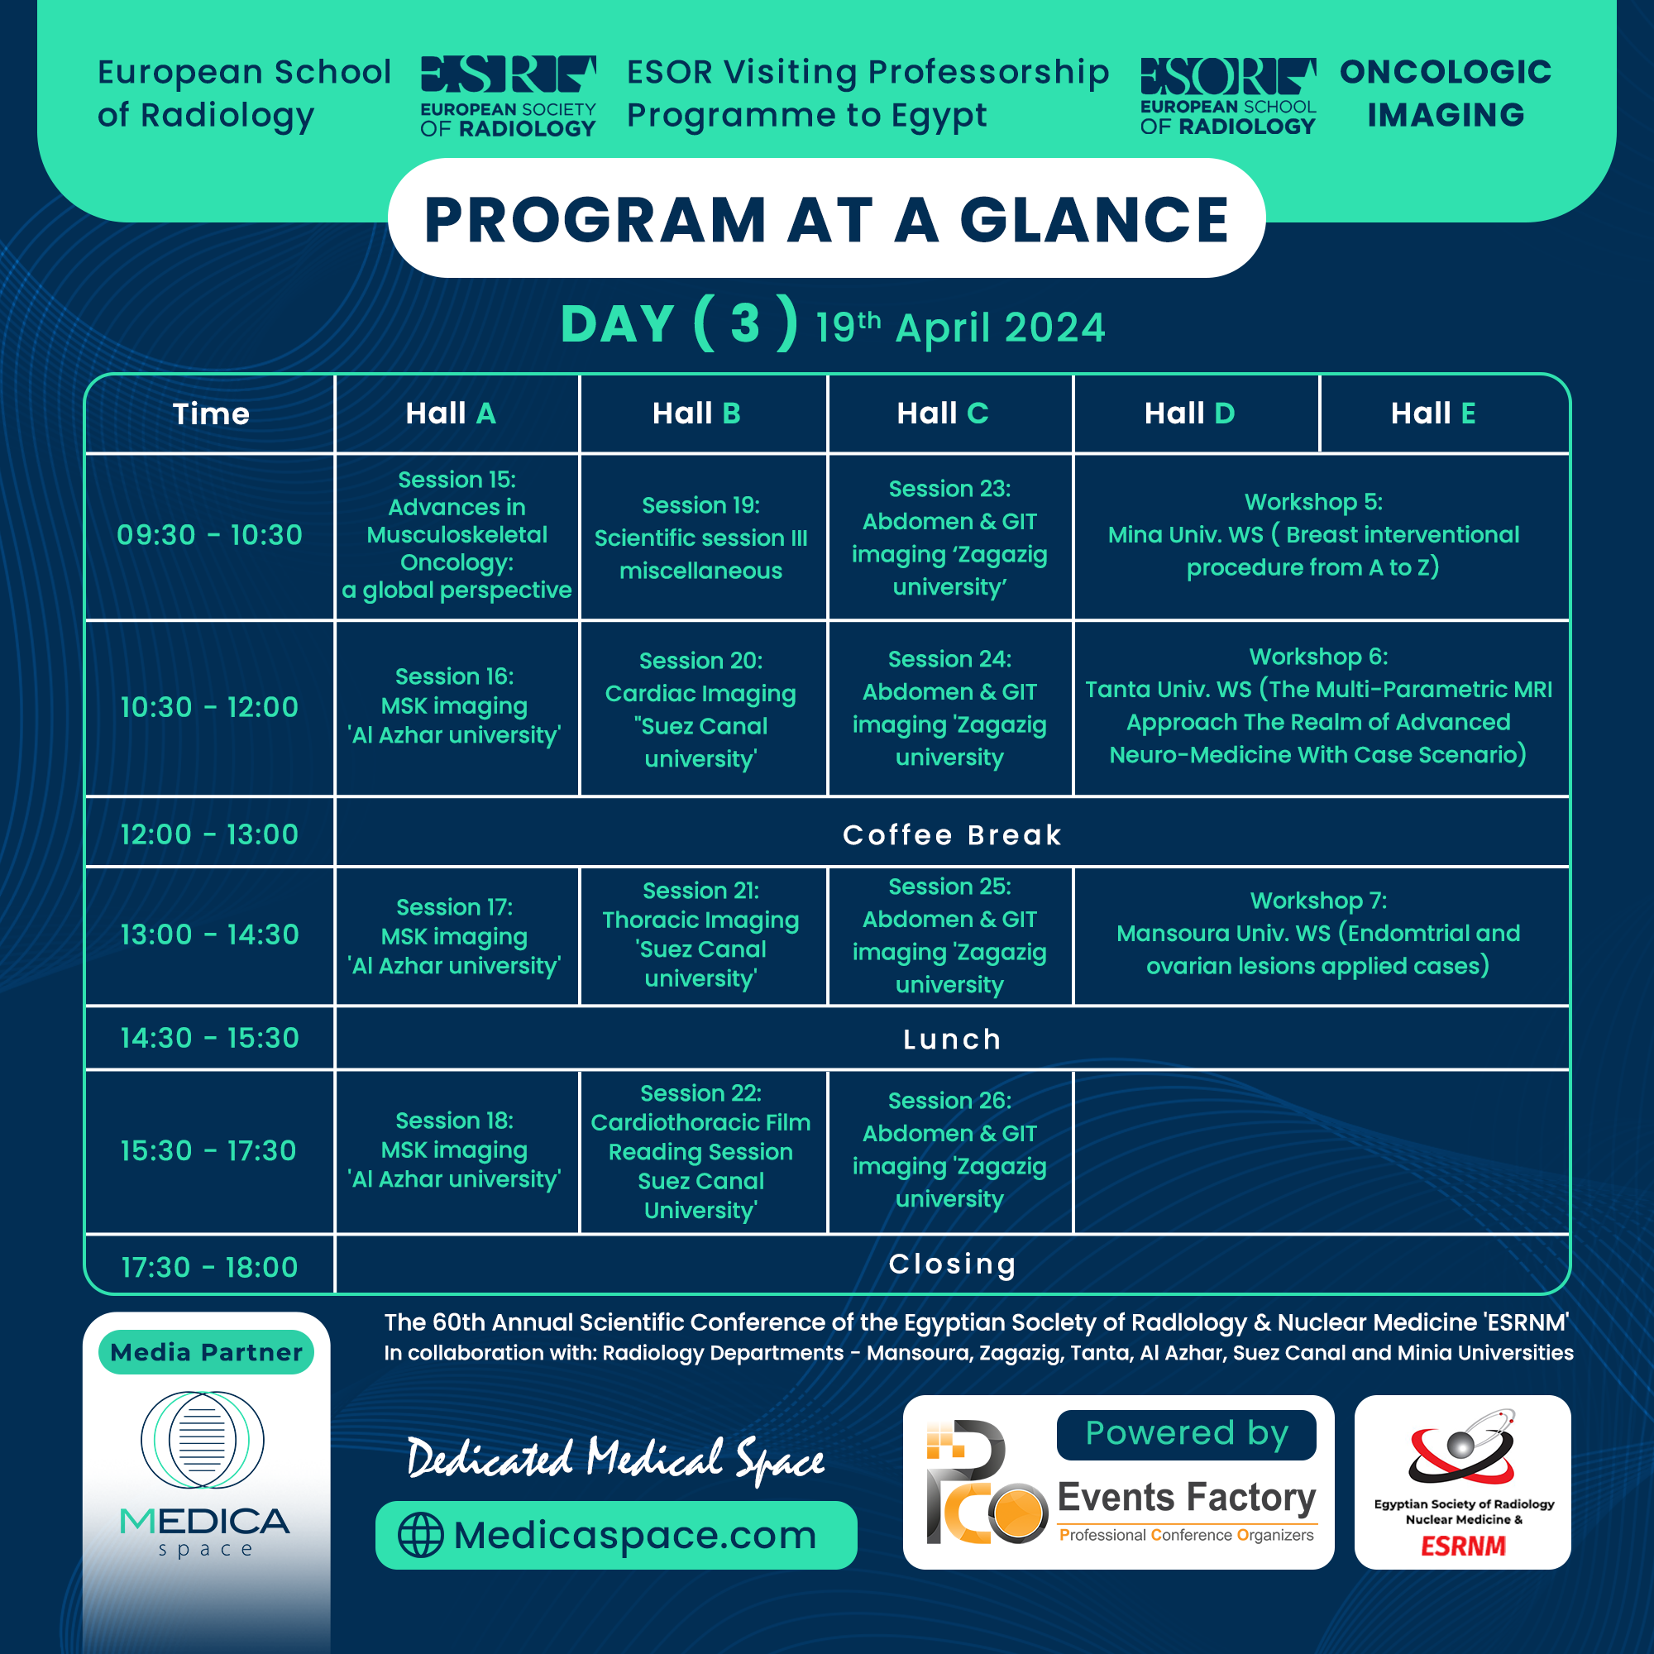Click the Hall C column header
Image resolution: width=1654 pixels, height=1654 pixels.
(x=943, y=413)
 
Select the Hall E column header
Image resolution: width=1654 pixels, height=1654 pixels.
(x=1433, y=413)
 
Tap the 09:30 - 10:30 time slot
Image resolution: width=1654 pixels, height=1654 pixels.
(x=210, y=535)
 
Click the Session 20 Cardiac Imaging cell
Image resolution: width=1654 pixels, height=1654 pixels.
(x=700, y=709)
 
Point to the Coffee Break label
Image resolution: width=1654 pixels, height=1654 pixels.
(x=952, y=834)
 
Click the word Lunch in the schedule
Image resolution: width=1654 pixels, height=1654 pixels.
(x=952, y=1040)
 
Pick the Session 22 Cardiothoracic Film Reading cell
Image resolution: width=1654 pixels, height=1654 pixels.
(x=700, y=1151)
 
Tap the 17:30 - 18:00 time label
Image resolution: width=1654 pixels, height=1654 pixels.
(x=210, y=1267)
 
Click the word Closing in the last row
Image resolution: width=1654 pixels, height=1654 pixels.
(x=952, y=1264)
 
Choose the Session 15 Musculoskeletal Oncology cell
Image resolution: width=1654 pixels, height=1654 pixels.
(x=457, y=535)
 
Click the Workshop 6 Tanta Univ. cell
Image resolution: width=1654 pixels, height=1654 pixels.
(x=1318, y=706)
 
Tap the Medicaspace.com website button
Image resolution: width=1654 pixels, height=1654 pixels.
(x=616, y=1535)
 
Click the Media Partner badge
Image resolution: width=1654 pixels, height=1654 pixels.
(x=206, y=1353)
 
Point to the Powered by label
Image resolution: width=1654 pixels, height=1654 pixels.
(x=1187, y=1434)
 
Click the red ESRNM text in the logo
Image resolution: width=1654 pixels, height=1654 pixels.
(x=1463, y=1546)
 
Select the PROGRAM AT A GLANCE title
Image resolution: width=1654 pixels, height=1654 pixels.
(x=826, y=220)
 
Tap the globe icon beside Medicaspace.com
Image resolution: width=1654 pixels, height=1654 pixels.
(x=420, y=1535)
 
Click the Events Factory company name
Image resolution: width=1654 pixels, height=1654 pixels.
(x=1187, y=1498)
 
